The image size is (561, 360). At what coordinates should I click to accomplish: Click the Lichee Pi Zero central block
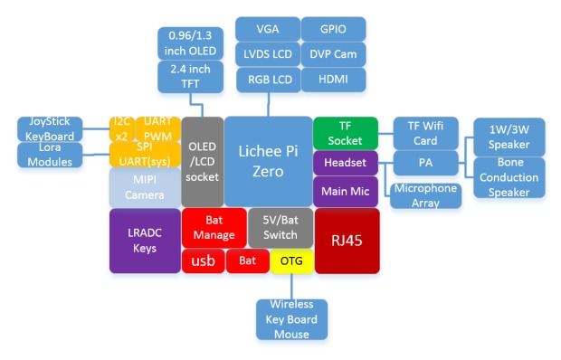(267, 161)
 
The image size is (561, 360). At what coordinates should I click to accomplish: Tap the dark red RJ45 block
(346, 240)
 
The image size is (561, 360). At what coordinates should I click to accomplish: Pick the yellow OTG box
(291, 261)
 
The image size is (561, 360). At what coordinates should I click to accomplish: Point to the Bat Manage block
(214, 228)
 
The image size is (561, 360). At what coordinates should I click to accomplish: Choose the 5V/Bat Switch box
(280, 228)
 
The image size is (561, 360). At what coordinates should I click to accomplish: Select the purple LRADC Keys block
(145, 241)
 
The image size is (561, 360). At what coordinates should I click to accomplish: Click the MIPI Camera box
(145, 187)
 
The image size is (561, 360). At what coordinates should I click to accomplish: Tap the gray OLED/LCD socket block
(202, 161)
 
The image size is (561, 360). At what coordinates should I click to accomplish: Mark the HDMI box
(333, 80)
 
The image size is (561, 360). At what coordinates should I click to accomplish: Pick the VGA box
(266, 28)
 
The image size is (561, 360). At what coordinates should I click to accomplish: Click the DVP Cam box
(333, 53)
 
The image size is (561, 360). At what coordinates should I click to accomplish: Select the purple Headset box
(345, 163)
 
